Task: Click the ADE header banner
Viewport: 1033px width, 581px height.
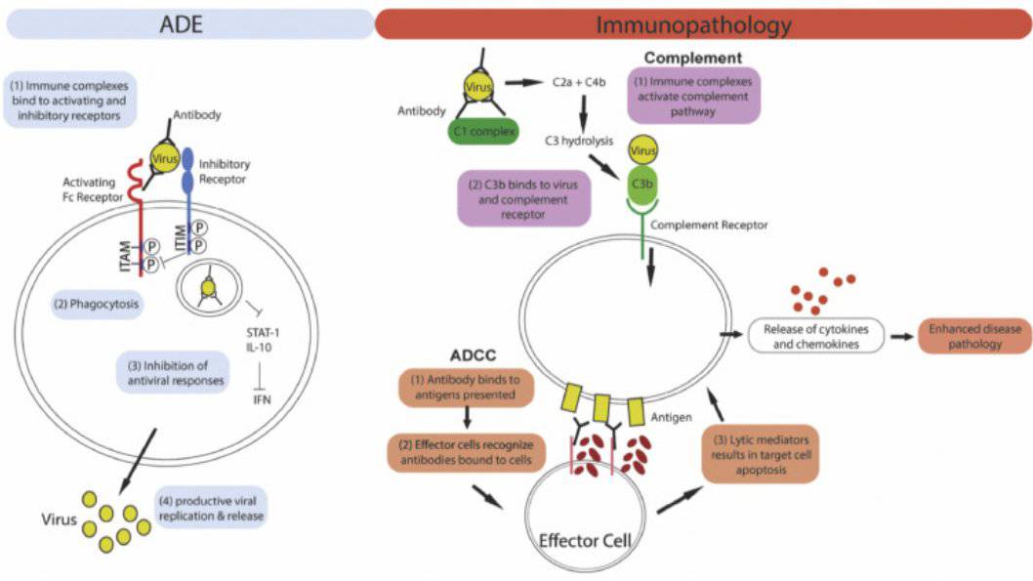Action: [189, 24]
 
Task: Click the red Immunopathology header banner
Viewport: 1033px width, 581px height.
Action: [702, 24]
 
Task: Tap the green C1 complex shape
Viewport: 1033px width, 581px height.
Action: [483, 131]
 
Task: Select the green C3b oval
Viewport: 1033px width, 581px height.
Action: [642, 184]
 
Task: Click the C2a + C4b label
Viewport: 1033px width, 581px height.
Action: [578, 82]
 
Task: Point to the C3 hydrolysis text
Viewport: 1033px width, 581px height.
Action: [578, 141]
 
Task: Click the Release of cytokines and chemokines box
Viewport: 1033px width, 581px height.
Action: [815, 336]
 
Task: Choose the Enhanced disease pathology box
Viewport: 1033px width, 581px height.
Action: [974, 336]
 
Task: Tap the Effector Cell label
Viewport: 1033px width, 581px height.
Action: [585, 541]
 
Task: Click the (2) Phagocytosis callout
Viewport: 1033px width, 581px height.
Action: [97, 305]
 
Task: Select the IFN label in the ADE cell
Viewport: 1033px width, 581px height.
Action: [262, 399]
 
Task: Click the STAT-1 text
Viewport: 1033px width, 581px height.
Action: [263, 333]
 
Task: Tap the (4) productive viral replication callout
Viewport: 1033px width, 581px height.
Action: [211, 509]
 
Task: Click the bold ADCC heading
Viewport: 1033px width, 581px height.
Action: [473, 355]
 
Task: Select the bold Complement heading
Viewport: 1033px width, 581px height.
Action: [693, 58]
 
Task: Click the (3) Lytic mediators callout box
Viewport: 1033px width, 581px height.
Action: [761, 454]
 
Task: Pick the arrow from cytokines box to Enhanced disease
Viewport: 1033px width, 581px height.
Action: [902, 337]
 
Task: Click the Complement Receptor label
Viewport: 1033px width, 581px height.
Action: [709, 225]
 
